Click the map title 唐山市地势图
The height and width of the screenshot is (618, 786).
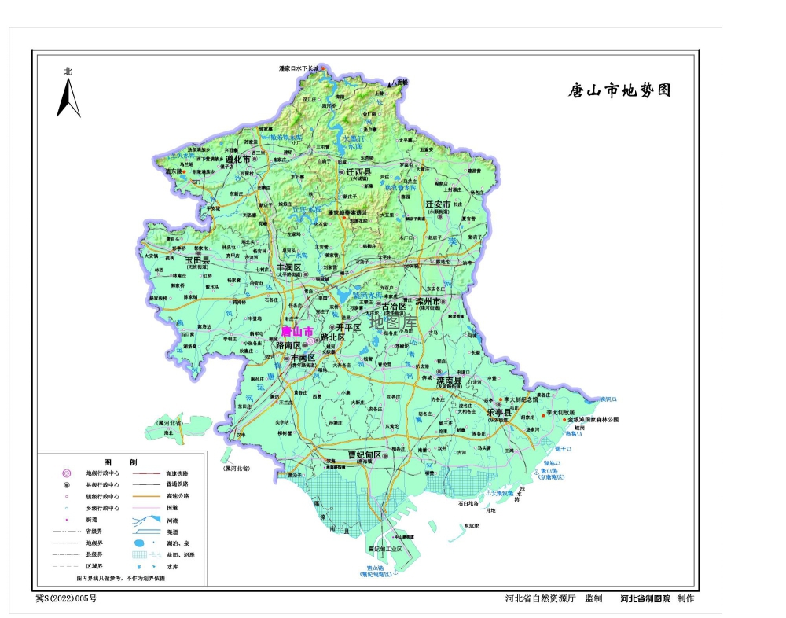pos(620,90)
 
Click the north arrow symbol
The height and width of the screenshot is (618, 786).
pos(68,99)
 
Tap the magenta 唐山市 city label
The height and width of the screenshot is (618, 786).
pos(297,331)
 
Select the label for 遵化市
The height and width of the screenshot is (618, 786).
pos(237,158)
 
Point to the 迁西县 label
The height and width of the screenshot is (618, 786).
pos(357,171)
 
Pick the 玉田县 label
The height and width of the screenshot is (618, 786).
pos(196,259)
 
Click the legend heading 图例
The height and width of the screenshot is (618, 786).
pos(121,461)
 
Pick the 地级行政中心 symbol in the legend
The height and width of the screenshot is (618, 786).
pos(68,473)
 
